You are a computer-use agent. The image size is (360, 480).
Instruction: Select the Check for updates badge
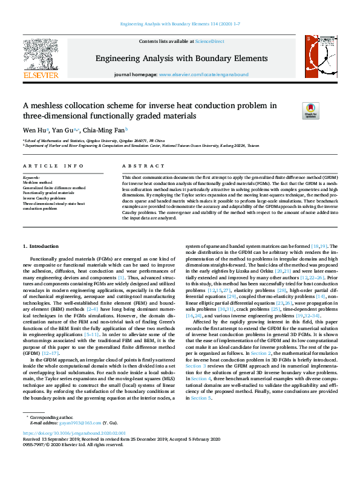pos(293,111)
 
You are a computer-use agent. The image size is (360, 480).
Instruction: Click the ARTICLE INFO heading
pos(53,166)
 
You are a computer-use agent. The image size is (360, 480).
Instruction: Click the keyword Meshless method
pos(38,182)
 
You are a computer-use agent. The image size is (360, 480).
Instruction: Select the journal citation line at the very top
pos(180,24)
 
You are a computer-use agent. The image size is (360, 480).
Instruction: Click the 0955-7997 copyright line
pos(73,461)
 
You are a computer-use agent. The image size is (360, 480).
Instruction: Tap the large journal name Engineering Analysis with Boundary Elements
pos(181,59)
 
